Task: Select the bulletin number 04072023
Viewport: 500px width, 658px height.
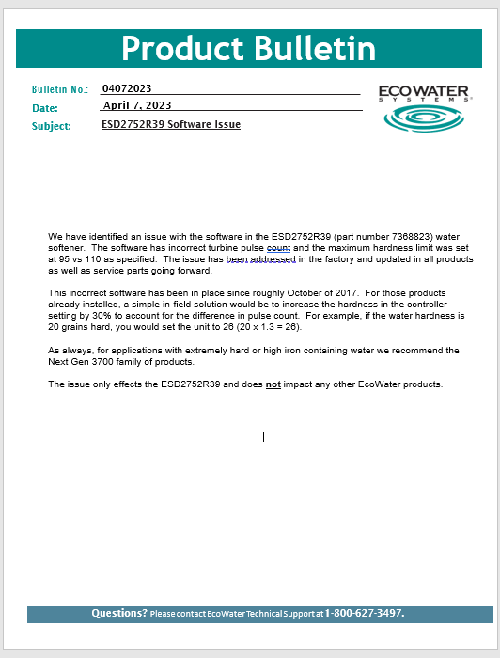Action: tap(127, 88)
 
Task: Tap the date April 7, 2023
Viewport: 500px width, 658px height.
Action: tap(137, 105)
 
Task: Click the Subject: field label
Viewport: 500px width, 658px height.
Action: tap(52, 125)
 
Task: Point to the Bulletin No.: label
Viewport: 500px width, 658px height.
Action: tap(60, 89)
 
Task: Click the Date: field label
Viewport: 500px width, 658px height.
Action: tap(45, 108)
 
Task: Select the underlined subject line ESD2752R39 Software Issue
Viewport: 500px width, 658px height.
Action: tap(171, 124)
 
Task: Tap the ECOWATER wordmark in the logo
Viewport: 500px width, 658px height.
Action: tap(425, 90)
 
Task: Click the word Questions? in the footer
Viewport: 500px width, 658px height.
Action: tap(118, 613)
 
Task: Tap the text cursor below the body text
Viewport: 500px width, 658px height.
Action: tap(263, 436)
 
